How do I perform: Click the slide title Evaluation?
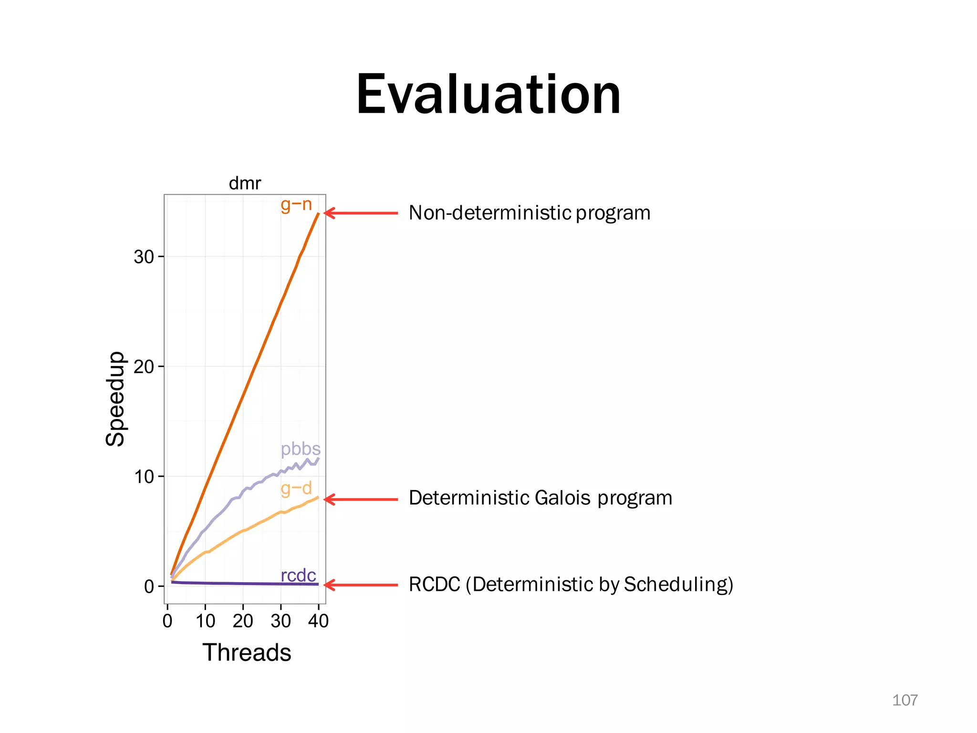pyautogui.click(x=488, y=94)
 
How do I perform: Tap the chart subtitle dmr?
pyautogui.click(x=245, y=183)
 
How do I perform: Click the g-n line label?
pyautogui.click(x=296, y=205)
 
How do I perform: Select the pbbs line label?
pyautogui.click(x=301, y=449)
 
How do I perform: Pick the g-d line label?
pyautogui.click(x=296, y=488)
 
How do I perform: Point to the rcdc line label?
pyautogui.click(x=298, y=576)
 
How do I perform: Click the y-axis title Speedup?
pyautogui.click(x=115, y=399)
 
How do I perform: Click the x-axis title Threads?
pyautogui.click(x=247, y=652)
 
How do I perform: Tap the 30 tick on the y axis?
pyautogui.click(x=144, y=257)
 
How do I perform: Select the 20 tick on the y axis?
pyautogui.click(x=144, y=367)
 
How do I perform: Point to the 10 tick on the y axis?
pyautogui.click(x=144, y=477)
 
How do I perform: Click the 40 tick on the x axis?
pyautogui.click(x=318, y=621)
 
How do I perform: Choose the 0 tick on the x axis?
pyautogui.click(x=167, y=621)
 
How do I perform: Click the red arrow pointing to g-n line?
pyautogui.click(x=361, y=213)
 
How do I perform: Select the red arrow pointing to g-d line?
pyautogui.click(x=361, y=499)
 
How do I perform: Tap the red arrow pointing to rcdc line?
pyautogui.click(x=361, y=585)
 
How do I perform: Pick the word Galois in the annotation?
pyautogui.click(x=562, y=498)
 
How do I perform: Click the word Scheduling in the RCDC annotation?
pyautogui.click(x=678, y=585)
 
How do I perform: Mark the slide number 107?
pyautogui.click(x=904, y=700)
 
